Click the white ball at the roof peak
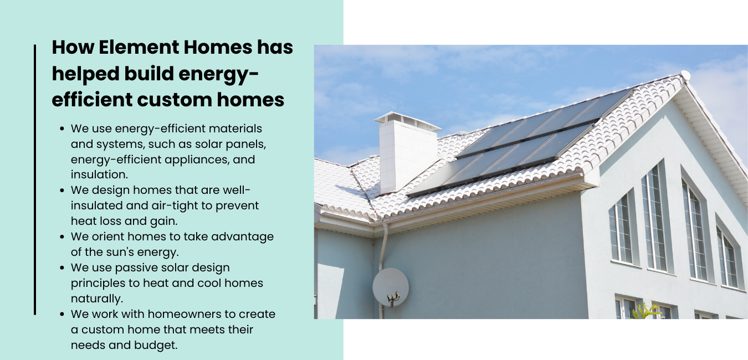[x=685, y=75]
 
